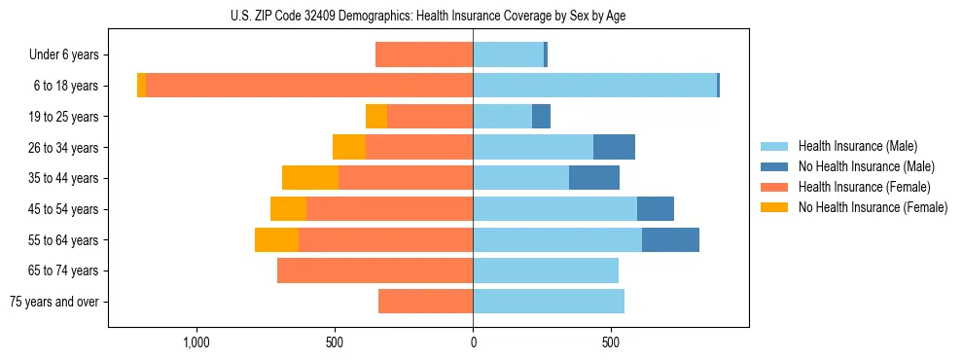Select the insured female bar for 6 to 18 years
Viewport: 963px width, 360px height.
(309, 86)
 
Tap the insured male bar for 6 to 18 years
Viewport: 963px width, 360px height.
(594, 86)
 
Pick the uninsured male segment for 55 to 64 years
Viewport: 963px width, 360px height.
(670, 239)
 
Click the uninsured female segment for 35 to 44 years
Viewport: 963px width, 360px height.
(310, 178)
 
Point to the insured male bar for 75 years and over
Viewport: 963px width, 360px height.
(549, 302)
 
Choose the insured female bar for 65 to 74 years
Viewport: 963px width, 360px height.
(375, 270)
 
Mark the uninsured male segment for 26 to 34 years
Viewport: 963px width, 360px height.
(614, 147)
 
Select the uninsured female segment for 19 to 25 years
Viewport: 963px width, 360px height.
(376, 117)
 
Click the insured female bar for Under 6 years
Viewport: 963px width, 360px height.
(424, 55)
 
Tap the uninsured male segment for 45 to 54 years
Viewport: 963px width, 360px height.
(656, 209)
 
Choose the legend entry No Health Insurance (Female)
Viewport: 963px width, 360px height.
(873, 207)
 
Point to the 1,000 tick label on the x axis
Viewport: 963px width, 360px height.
(196, 342)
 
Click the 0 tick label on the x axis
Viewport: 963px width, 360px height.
(474, 342)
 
